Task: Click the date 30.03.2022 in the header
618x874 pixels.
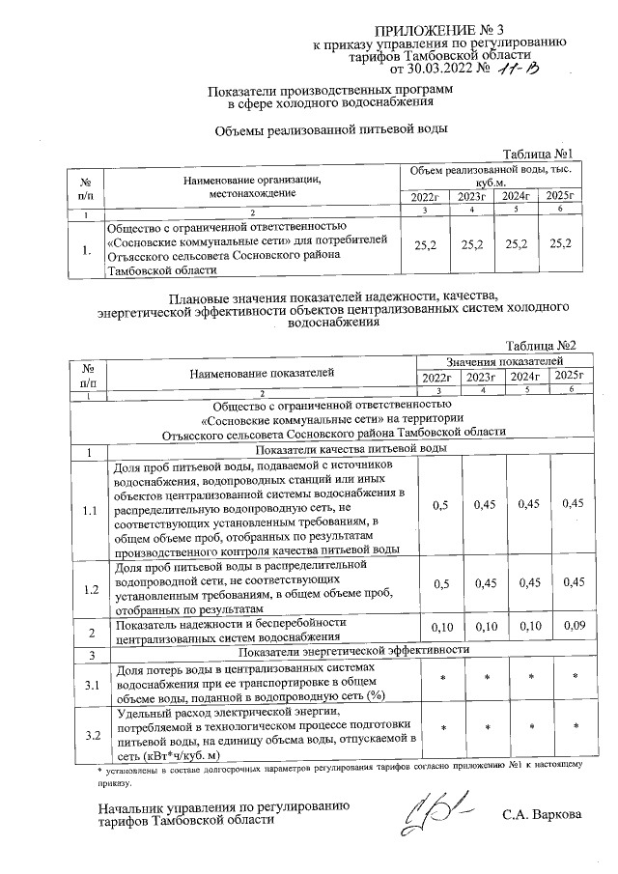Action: [441, 70]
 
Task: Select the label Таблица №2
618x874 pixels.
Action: [542, 345]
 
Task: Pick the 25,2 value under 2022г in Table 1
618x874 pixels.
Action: [425, 246]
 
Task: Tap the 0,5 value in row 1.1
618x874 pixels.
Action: [439, 504]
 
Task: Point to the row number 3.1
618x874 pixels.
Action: [90, 685]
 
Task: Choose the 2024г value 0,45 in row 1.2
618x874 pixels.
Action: [528, 581]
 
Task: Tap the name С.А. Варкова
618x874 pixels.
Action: [543, 815]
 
